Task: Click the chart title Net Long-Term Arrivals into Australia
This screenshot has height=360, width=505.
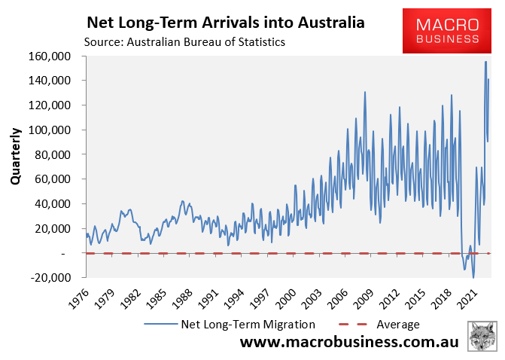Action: click(226, 23)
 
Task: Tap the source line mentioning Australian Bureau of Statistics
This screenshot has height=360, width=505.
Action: click(185, 42)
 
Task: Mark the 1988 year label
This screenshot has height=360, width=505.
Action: click(180, 294)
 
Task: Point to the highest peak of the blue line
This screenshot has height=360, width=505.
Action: click(485, 62)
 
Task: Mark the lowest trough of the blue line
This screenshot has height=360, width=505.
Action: click(473, 277)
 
